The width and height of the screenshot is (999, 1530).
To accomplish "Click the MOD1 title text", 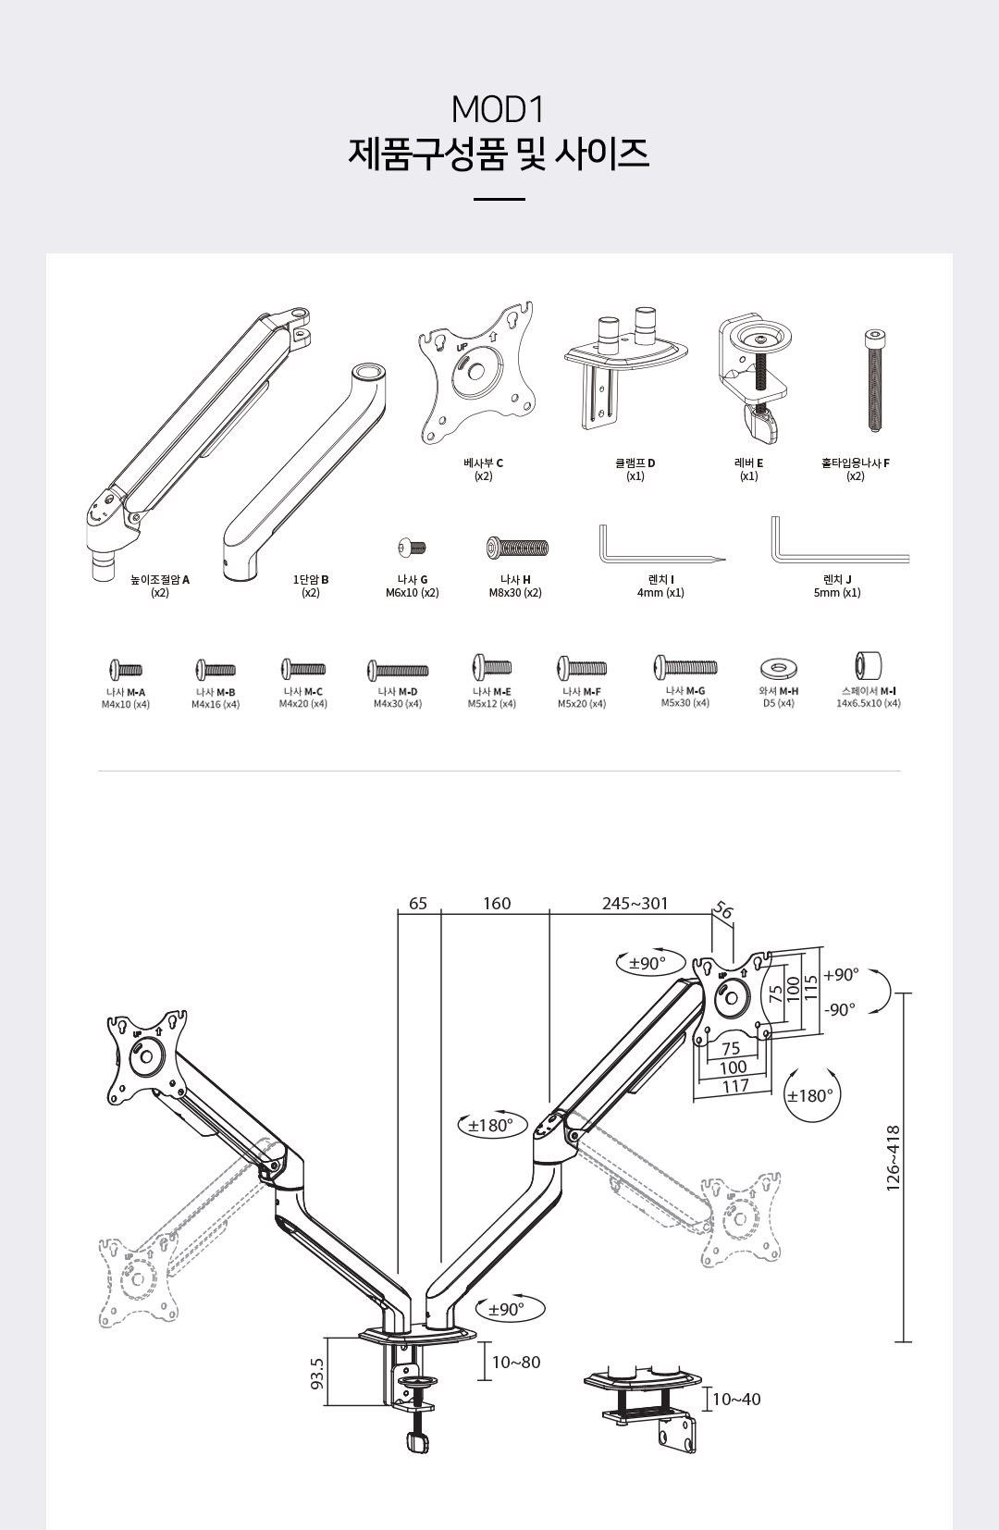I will (x=499, y=110).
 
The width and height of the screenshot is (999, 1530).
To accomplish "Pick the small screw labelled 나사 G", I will (x=412, y=548).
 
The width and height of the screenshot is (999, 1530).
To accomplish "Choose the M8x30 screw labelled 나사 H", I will (x=517, y=548).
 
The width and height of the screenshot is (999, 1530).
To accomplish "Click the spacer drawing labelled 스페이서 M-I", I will (x=868, y=665).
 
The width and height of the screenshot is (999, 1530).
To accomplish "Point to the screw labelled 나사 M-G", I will (x=685, y=667).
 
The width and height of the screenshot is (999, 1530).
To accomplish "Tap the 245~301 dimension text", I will (x=635, y=903).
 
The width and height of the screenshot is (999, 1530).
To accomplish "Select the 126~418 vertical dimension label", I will (x=894, y=1157).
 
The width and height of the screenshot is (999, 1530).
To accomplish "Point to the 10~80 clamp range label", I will (x=516, y=1362).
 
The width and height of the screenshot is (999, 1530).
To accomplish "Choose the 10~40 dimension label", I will (x=736, y=1399).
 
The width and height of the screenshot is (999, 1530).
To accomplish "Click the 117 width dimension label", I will (x=735, y=1086).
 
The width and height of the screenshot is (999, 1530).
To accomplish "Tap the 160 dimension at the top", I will (x=497, y=903).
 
